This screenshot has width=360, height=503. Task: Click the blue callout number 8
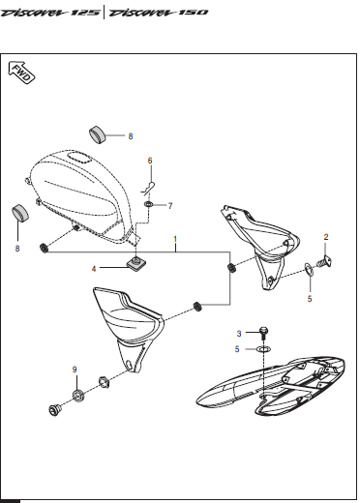[x=131, y=136]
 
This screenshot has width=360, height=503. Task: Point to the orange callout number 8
[x=15, y=249]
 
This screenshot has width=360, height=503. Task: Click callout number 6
[x=150, y=161]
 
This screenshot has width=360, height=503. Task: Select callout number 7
[x=169, y=206]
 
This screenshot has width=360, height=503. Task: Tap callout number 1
[x=175, y=238]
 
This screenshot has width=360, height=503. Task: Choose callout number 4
[x=94, y=268]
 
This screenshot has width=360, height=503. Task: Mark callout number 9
[x=74, y=370]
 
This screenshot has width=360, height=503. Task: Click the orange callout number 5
[x=310, y=300]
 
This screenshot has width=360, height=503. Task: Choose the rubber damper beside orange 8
[x=18, y=215]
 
